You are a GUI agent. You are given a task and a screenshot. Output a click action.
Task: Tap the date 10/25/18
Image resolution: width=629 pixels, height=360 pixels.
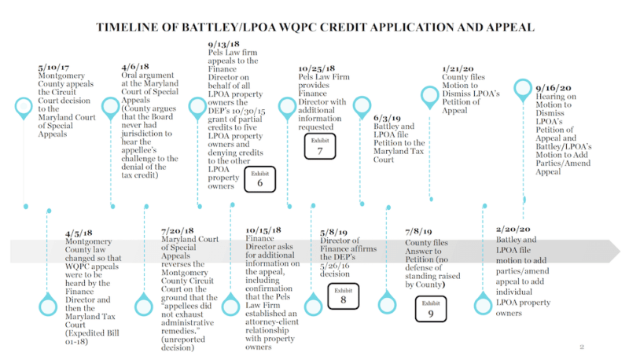click(x=318, y=68)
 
